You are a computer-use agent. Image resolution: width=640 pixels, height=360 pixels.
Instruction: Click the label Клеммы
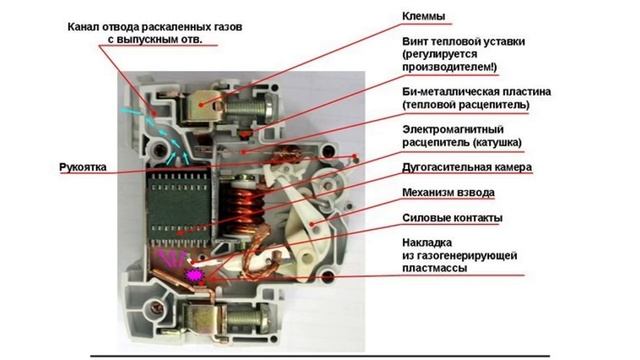pyautogui.click(x=424, y=16)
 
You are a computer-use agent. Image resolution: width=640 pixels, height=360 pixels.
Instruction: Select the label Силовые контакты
pyautogui.click(x=451, y=218)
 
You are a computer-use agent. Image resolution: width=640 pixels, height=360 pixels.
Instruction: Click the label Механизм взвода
pyautogui.click(x=447, y=192)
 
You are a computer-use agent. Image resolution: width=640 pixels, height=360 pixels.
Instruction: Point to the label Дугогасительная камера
pyautogui.click(x=466, y=167)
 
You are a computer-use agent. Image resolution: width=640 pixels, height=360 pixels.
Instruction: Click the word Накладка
pyautogui.click(x=426, y=242)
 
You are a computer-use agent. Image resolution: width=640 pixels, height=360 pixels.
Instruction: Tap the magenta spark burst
pyautogui.click(x=194, y=271)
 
